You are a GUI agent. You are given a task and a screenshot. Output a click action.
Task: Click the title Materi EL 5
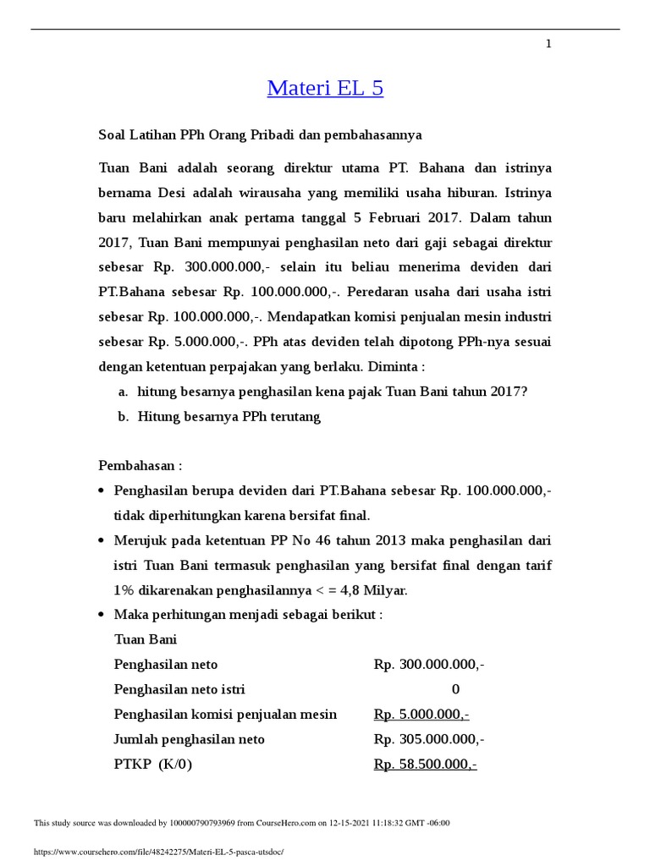[325, 88]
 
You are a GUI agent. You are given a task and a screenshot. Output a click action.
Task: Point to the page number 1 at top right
[548, 44]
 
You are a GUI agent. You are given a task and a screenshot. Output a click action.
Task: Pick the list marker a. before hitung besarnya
[123, 392]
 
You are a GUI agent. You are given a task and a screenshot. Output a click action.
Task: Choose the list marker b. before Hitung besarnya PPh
[123, 417]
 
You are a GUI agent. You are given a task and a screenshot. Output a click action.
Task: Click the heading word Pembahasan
[136, 466]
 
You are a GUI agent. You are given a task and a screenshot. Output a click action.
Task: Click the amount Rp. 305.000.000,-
[429, 739]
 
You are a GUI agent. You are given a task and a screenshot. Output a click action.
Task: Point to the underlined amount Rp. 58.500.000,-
[426, 765]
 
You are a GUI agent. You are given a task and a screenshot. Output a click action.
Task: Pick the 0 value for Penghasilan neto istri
[455, 689]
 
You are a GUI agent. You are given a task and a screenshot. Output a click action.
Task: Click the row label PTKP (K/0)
[152, 765]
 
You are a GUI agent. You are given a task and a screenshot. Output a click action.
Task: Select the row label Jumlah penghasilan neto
[189, 739]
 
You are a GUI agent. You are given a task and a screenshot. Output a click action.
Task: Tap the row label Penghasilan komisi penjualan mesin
[225, 715]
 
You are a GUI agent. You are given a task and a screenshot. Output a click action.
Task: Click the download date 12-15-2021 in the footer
[358, 823]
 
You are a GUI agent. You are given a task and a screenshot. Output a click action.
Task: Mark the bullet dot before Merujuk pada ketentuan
[102, 540]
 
